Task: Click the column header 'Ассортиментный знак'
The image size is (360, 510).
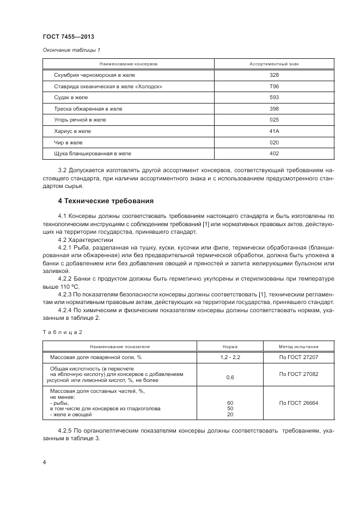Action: point(274,64)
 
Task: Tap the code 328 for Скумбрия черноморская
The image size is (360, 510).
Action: point(274,75)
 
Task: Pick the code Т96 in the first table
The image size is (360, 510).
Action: point(274,86)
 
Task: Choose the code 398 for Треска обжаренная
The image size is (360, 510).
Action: point(274,108)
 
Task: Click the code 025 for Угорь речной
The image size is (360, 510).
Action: point(274,119)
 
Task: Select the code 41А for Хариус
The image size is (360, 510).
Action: point(274,131)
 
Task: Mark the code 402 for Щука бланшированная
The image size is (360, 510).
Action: point(274,153)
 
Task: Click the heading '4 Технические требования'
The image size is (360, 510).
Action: point(102,201)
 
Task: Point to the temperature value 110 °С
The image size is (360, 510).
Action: point(69,286)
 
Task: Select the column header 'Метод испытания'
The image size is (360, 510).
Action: point(298,346)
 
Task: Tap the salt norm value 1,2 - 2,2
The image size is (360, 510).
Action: point(230,357)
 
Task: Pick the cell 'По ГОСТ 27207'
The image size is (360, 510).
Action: point(298,357)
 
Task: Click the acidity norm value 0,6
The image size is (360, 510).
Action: point(230,377)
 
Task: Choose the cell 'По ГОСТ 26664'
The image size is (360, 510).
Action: point(298,403)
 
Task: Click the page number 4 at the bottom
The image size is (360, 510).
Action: point(44,462)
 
